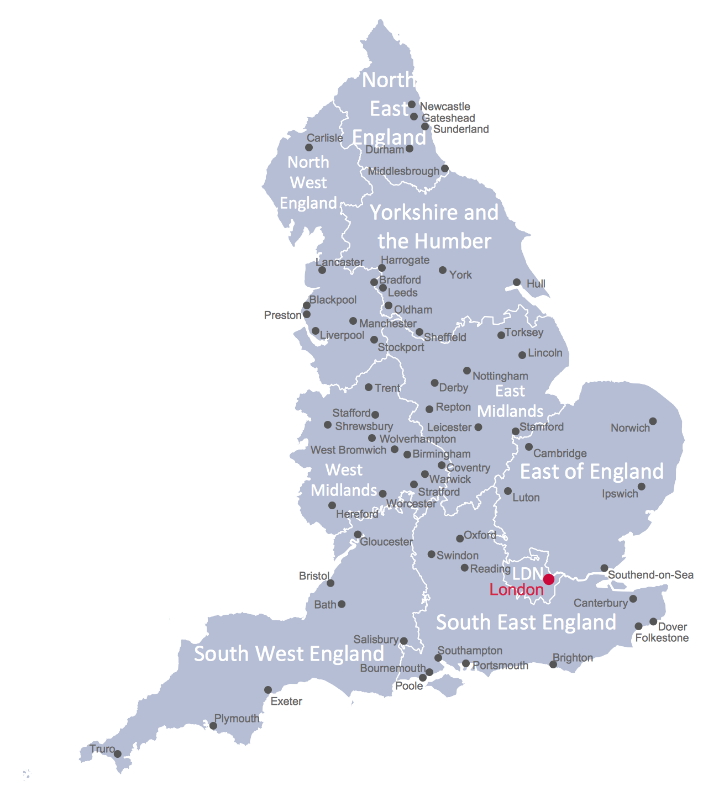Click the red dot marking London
click(x=549, y=579)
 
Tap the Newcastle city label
click(x=445, y=107)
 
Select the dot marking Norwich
click(x=653, y=421)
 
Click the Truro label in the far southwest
click(x=102, y=749)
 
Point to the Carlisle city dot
click(x=309, y=147)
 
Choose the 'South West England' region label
click(x=289, y=654)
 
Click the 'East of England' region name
click(x=592, y=472)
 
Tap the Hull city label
click(x=536, y=284)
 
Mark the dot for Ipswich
click(x=641, y=487)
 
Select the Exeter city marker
click(x=268, y=690)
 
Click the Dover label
click(x=673, y=627)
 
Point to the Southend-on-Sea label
click(x=650, y=575)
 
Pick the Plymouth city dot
click(x=213, y=726)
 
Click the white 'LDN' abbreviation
click(x=527, y=573)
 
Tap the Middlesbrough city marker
click(x=445, y=168)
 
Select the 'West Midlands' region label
click(x=344, y=480)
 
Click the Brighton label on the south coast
click(x=573, y=658)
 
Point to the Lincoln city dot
click(x=522, y=355)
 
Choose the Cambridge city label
click(x=560, y=453)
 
